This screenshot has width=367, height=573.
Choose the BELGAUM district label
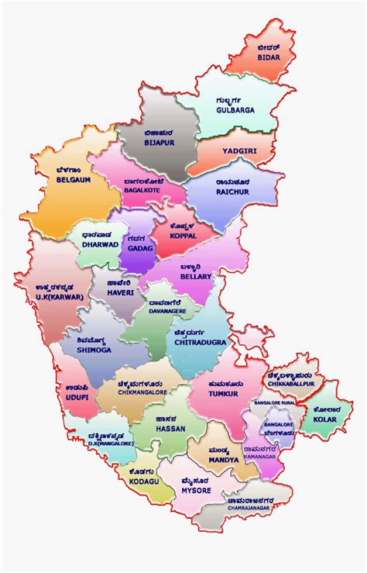click(x=74, y=179)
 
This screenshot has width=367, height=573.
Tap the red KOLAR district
click(x=324, y=418)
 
